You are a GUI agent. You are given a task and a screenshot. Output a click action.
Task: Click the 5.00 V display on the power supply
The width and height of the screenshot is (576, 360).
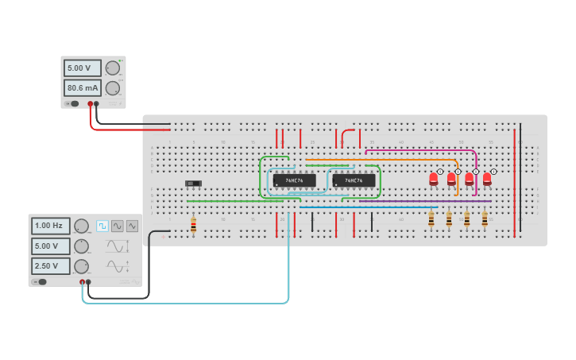click(x=82, y=68)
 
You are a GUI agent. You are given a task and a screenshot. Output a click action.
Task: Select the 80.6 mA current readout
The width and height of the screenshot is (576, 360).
click(x=82, y=87)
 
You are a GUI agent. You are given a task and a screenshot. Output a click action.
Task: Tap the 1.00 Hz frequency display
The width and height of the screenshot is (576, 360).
click(x=50, y=226)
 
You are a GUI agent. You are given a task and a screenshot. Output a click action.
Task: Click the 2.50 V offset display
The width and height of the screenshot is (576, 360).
click(x=50, y=265)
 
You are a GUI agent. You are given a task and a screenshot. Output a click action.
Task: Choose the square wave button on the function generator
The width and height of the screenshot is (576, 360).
click(x=102, y=226)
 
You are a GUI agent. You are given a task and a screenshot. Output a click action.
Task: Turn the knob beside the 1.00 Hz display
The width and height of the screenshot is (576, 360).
click(x=81, y=226)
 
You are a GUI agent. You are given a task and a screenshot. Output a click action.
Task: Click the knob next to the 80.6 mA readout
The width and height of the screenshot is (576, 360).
click(x=113, y=87)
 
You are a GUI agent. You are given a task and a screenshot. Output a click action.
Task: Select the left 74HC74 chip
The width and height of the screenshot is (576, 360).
click(x=294, y=180)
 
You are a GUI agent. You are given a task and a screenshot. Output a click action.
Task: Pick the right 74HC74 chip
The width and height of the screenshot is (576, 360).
click(x=354, y=180)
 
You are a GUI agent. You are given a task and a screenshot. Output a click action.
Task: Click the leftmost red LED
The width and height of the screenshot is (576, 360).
click(x=434, y=179)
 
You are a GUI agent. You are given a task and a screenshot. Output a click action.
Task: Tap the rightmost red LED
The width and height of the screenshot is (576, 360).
click(x=487, y=179)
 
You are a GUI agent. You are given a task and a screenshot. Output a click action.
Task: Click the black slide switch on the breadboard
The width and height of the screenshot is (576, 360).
click(x=193, y=184)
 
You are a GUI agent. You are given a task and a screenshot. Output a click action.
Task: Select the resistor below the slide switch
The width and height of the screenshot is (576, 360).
click(x=193, y=226)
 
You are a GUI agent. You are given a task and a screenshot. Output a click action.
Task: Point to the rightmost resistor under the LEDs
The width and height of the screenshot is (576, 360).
click(x=485, y=218)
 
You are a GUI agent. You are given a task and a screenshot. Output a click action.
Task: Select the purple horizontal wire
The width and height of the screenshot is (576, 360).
click(x=413, y=201)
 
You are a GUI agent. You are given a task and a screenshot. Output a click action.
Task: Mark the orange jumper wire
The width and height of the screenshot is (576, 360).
click(x=381, y=160)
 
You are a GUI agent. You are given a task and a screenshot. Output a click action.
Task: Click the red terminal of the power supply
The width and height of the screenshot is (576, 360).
click(x=91, y=104)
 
